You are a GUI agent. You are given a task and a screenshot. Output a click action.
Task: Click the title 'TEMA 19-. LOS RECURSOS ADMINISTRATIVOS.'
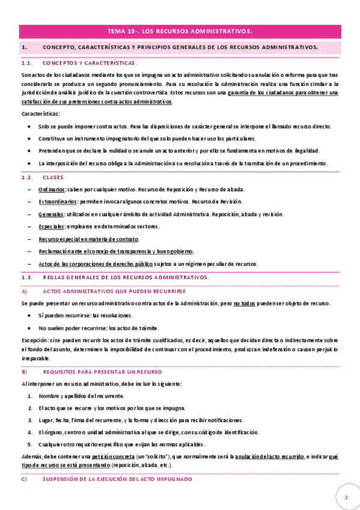coord(180,31)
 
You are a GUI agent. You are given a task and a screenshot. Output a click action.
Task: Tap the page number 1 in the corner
coord(346,498)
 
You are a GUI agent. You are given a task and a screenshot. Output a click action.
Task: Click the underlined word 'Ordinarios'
coord(52,189)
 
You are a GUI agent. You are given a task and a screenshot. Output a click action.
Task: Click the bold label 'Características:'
coord(40,114)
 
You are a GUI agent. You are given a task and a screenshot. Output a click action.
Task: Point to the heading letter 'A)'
coord(25,291)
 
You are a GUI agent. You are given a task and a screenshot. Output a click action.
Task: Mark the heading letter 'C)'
coord(25,479)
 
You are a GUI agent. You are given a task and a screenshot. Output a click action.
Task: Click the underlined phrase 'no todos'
coord(245,304)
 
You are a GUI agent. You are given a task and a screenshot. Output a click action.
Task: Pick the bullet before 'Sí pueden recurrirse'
coord(30,316)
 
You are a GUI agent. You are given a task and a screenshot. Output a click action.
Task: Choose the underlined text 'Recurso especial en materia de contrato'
coord(88,239)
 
